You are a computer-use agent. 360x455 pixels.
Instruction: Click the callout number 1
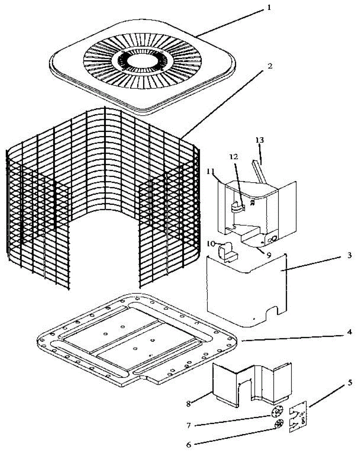(x=269, y=7)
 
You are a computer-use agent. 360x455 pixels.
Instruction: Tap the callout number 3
(x=349, y=255)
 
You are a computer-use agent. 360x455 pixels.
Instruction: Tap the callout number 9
(x=268, y=255)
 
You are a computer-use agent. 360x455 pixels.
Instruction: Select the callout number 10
(x=211, y=243)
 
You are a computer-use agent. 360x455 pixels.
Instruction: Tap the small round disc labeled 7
(x=278, y=411)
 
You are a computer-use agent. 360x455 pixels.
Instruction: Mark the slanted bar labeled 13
(x=260, y=171)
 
